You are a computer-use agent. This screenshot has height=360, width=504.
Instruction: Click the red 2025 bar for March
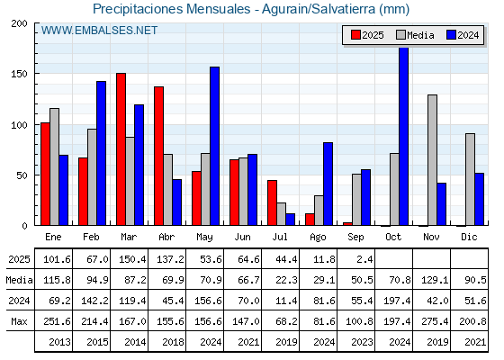121,149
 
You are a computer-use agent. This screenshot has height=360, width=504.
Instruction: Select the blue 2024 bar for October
404,136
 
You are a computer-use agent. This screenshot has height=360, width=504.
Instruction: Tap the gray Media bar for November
432,160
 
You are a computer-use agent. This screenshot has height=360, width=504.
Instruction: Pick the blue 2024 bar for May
215,146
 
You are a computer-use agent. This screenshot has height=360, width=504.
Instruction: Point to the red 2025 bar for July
272,202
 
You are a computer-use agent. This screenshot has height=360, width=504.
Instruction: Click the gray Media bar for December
470,179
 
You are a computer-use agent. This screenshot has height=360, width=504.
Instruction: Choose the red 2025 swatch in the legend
355,35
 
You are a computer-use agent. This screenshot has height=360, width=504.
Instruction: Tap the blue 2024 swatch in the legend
451,35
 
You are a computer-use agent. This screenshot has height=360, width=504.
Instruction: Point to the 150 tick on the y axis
19,74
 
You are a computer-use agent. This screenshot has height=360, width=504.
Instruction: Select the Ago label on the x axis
318,238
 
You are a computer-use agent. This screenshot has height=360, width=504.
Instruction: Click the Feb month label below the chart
91,237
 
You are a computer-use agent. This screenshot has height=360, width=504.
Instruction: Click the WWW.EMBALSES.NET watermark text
99,31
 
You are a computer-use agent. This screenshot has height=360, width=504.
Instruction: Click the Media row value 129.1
435,280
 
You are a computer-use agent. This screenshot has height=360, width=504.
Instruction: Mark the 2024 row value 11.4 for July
286,301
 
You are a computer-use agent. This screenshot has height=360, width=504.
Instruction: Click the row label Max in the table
19,321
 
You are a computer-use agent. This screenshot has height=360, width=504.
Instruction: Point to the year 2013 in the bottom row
59,342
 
